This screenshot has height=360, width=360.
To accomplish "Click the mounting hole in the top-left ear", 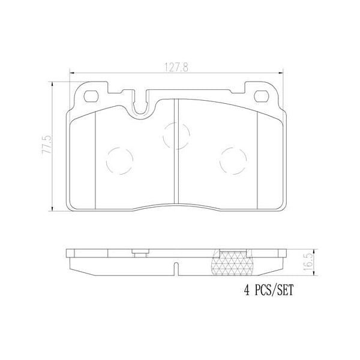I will [x=92, y=95].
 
